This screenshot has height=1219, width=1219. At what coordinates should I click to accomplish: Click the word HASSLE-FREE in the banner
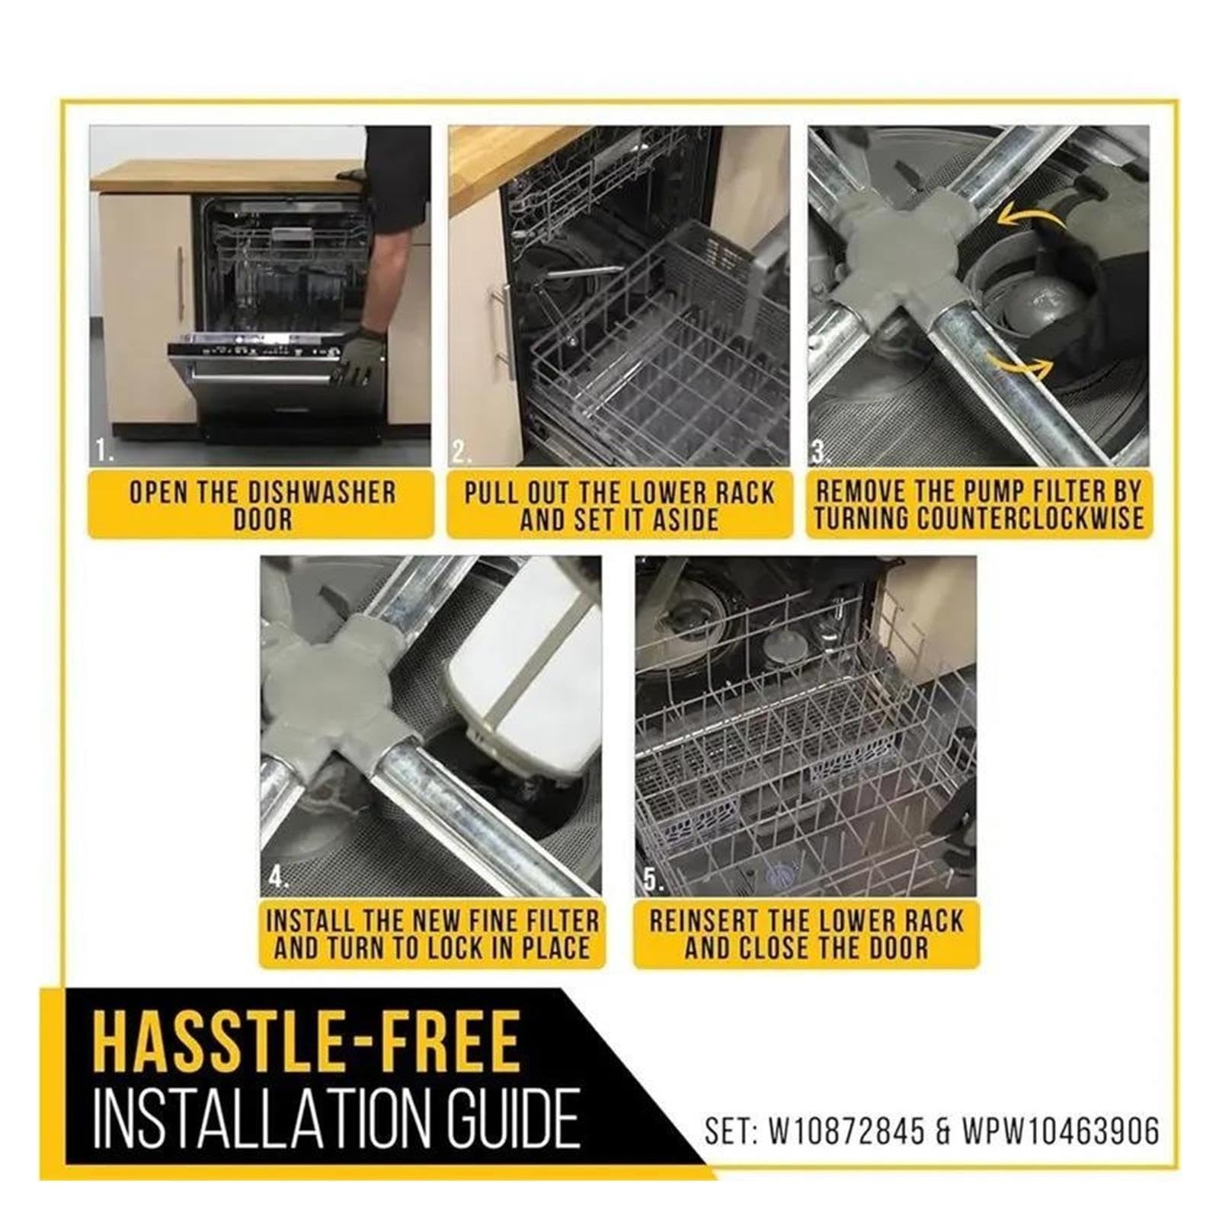tap(307, 1040)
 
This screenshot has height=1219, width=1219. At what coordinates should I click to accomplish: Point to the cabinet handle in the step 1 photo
tap(181, 273)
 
